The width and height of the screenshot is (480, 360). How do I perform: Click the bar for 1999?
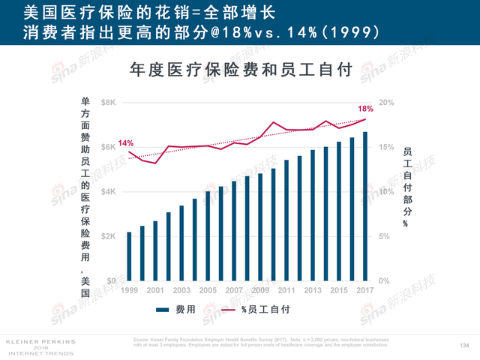point(129,256)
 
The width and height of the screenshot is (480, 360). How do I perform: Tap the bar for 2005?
point(208,235)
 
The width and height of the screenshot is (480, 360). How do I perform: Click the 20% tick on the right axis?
point(385,102)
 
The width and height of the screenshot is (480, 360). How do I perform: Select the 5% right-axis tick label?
point(384,236)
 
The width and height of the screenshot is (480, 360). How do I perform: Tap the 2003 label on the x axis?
point(181,289)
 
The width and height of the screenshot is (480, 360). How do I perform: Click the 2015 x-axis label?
point(339,289)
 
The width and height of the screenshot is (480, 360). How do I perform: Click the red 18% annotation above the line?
point(365,109)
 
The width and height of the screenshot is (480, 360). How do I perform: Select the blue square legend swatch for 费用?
point(162,309)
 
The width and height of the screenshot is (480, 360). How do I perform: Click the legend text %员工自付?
point(265,309)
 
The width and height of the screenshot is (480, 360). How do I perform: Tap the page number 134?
point(463,345)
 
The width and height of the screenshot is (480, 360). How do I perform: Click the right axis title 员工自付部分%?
point(406,187)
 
